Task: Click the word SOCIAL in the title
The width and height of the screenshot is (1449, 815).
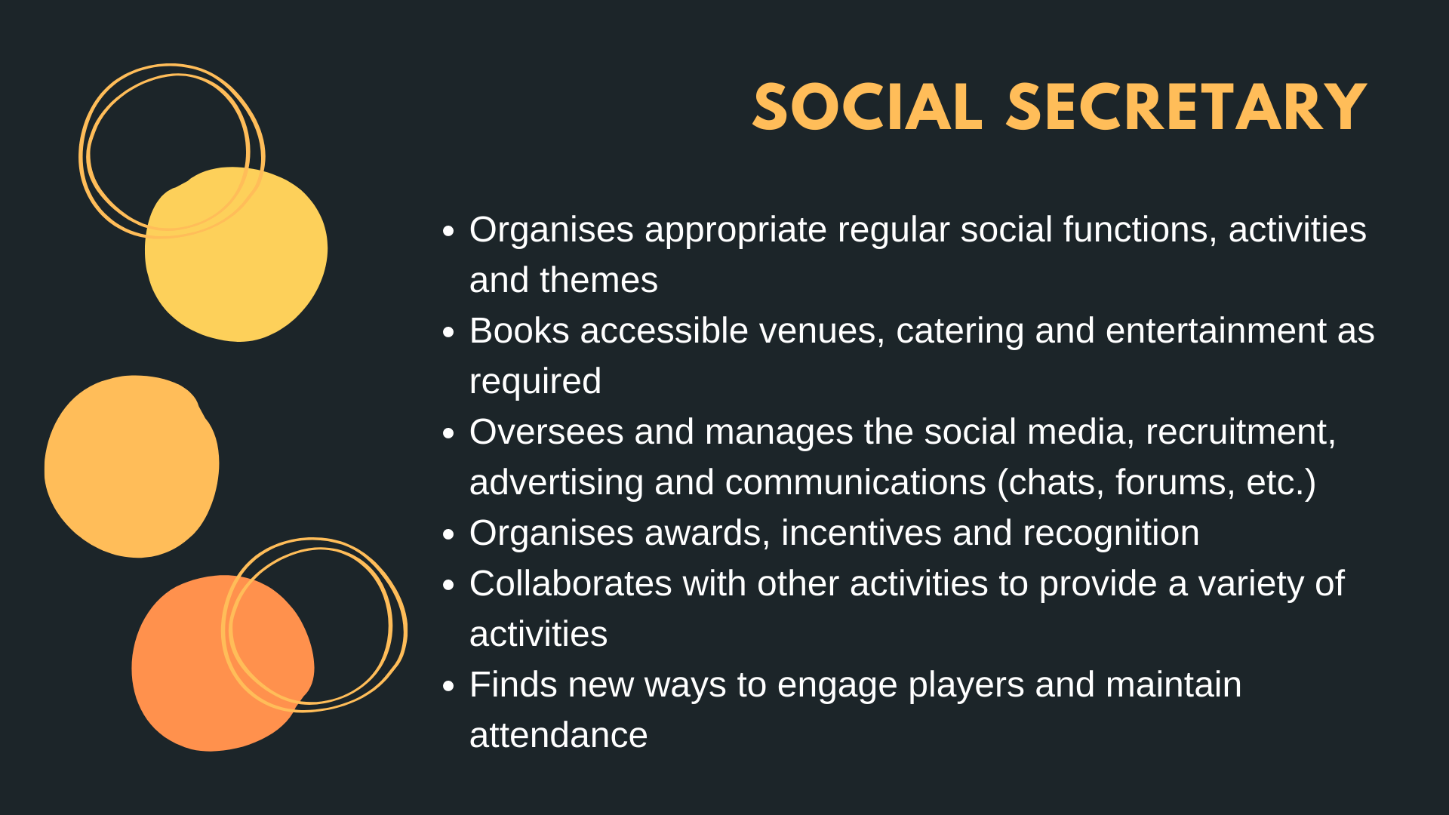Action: [867, 107]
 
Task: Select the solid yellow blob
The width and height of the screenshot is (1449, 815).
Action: [236, 254]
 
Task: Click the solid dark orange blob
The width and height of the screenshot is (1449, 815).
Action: [223, 663]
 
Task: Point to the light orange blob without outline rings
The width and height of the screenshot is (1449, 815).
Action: [131, 466]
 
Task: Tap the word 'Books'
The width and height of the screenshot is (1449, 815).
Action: [519, 331]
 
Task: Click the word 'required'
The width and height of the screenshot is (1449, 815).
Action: [535, 382]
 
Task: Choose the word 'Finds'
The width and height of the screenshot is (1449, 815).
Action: [513, 684]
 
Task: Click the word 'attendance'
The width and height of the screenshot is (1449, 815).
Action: [558, 735]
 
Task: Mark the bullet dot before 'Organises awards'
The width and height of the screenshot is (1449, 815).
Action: [449, 535]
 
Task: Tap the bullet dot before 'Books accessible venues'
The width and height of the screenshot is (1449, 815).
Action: [449, 332]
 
